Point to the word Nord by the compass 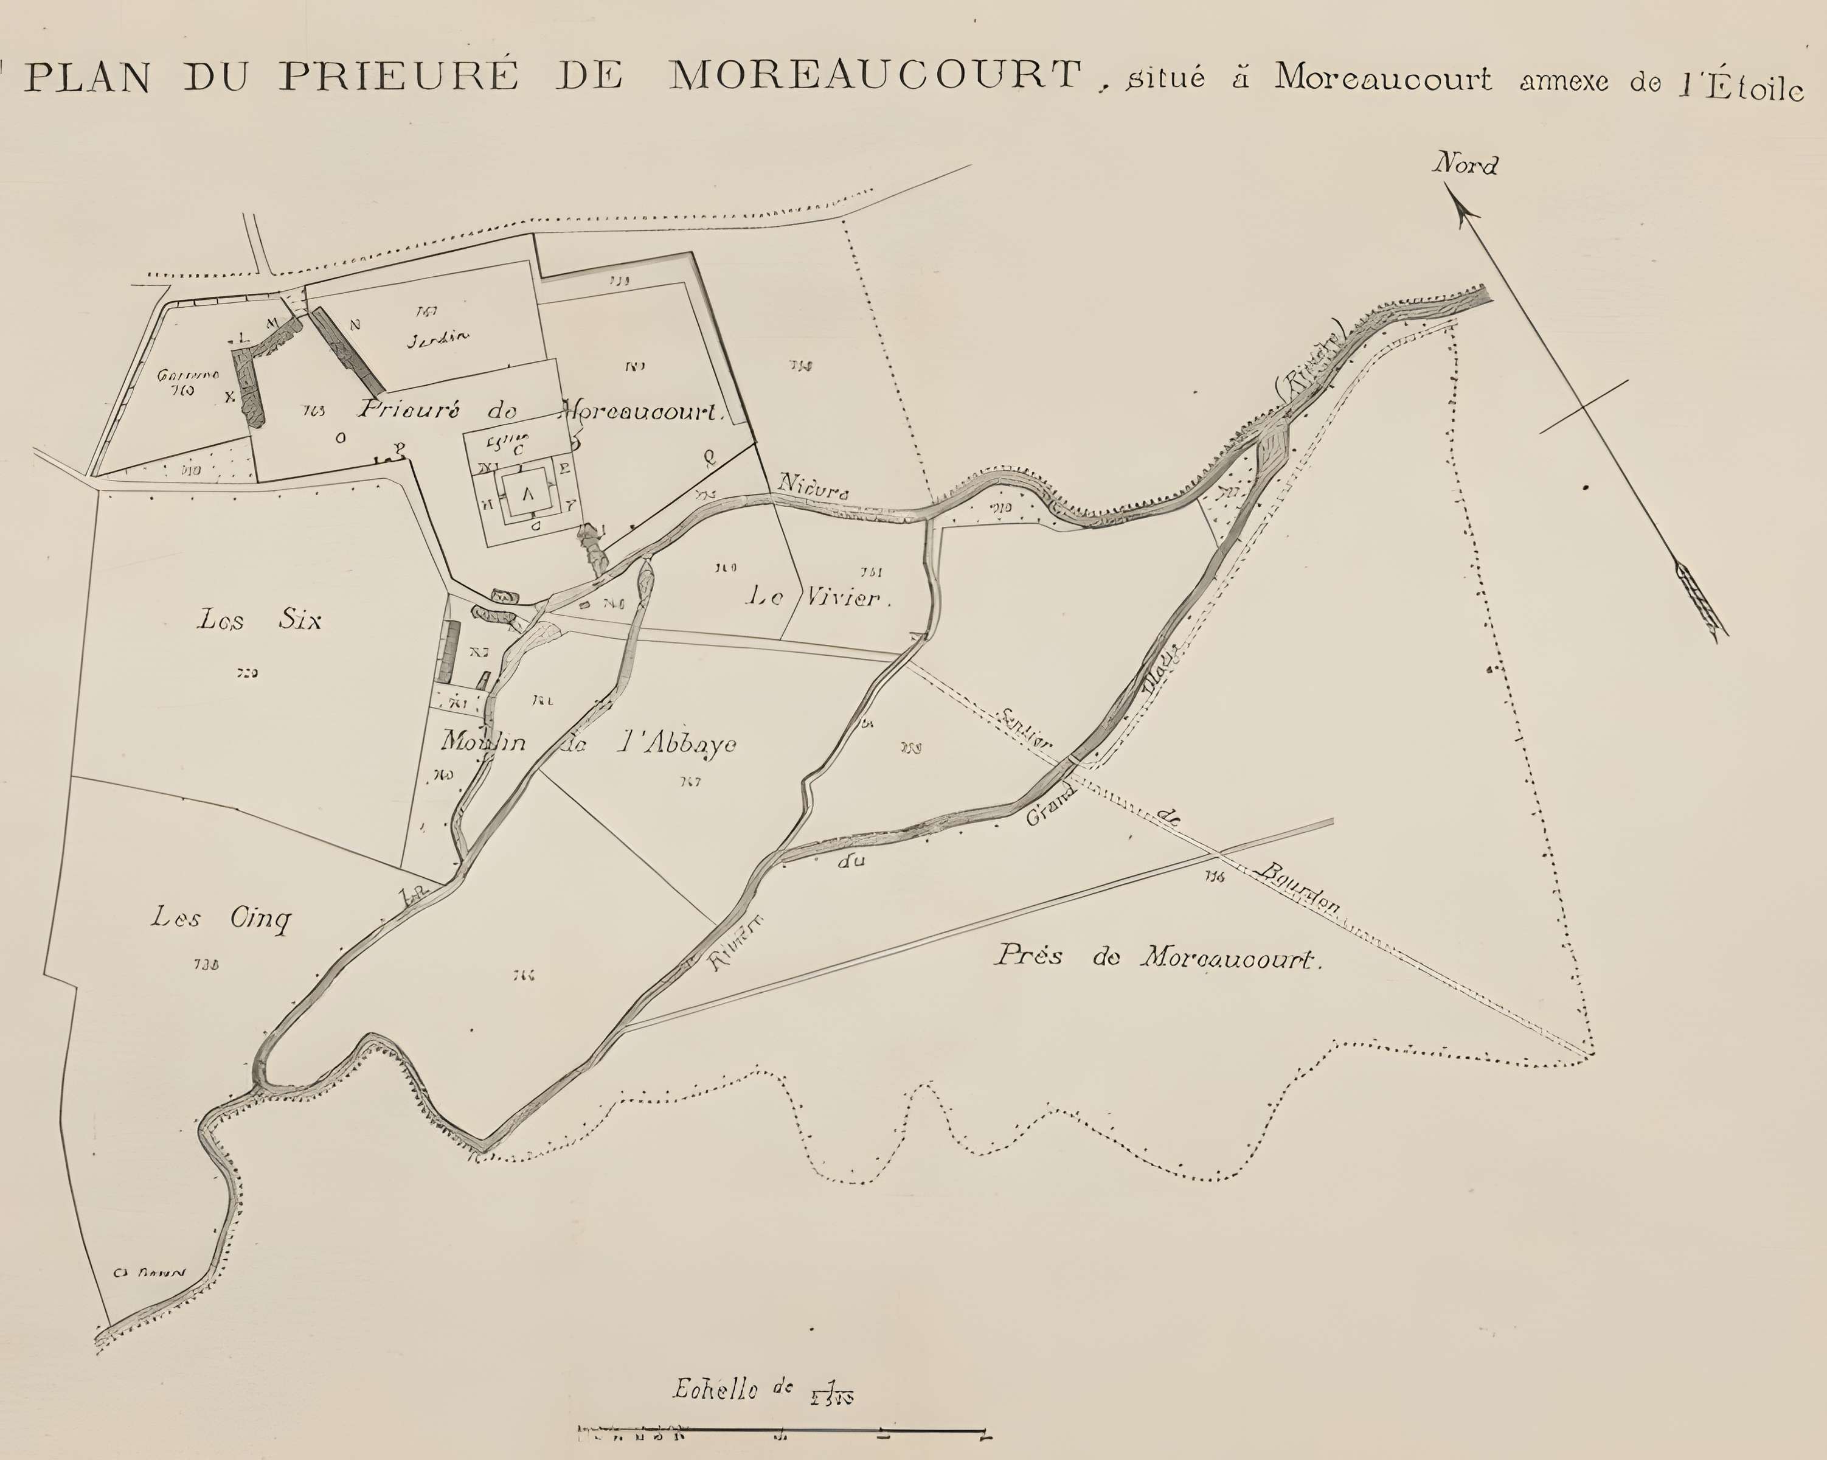click(x=1465, y=164)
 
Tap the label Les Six click(x=259, y=620)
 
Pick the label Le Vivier click(x=818, y=597)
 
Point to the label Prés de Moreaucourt click(x=1157, y=957)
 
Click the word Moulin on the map click(x=483, y=742)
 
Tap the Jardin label click(x=437, y=339)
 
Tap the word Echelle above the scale click(x=715, y=1389)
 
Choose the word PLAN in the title click(x=88, y=78)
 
